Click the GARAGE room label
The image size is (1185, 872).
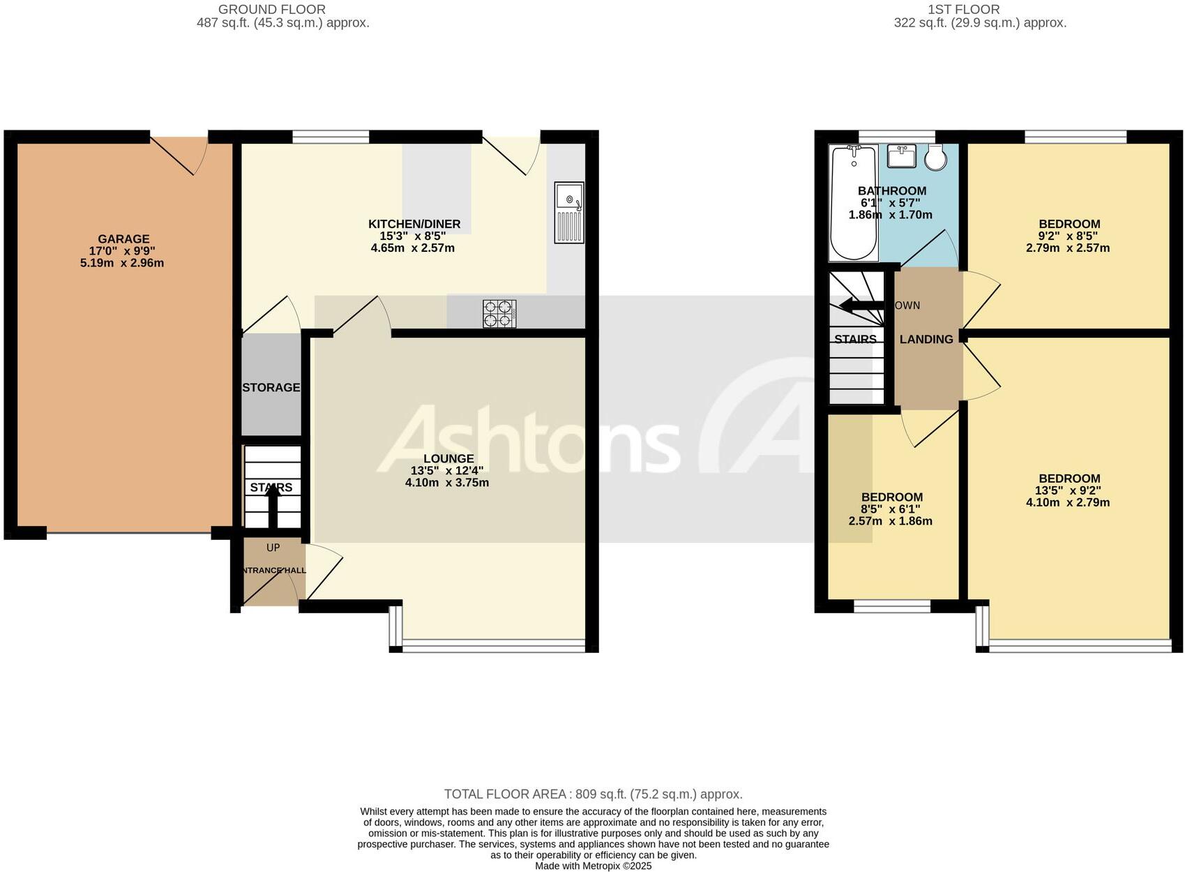[x=123, y=239]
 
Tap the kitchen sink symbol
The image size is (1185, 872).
[x=569, y=213]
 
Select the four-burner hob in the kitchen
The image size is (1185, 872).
[x=500, y=313]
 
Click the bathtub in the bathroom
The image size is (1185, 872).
[x=854, y=202]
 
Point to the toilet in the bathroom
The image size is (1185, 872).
[x=936, y=158]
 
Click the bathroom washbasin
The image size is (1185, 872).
[x=903, y=156]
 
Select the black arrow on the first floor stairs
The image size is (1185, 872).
[x=861, y=305]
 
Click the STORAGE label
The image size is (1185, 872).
[x=271, y=388]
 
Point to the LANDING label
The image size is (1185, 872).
[x=926, y=340]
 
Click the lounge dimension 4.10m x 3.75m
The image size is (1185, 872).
[x=447, y=483]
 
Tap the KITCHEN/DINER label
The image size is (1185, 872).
[x=414, y=224]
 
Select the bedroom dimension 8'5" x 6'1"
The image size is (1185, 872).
[x=891, y=509]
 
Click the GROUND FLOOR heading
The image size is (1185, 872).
[x=272, y=10]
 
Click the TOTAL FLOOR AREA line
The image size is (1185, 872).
[x=593, y=794]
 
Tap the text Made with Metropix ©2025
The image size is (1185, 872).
[x=593, y=866]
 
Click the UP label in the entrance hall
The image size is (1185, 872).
[x=273, y=548]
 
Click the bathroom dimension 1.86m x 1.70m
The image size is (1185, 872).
[x=890, y=215]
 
